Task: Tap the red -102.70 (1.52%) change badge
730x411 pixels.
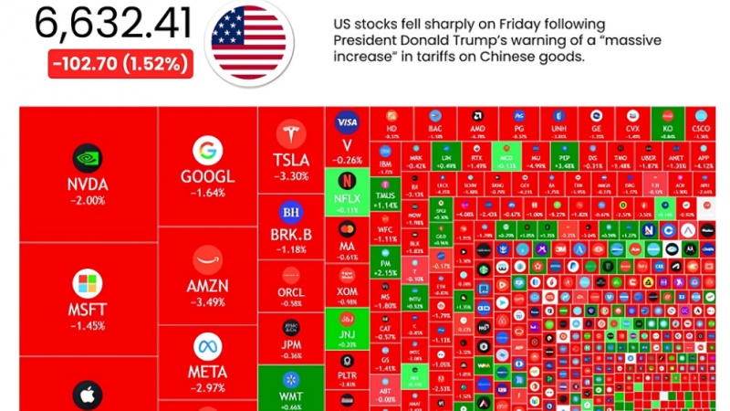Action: [120, 65]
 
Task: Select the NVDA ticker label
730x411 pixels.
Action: [88, 184]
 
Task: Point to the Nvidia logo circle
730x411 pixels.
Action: [88, 156]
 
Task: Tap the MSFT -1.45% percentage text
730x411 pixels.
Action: [88, 324]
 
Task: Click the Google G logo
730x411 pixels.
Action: [208, 151]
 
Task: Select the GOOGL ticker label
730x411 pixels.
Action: [208, 177]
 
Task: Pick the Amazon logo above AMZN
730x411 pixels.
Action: [208, 258]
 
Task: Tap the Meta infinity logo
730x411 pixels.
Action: [208, 346]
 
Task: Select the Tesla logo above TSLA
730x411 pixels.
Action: [291, 135]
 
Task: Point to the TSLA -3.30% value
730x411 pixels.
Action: [291, 176]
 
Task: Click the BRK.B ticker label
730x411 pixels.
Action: [291, 234]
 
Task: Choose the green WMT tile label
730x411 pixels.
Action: [291, 395]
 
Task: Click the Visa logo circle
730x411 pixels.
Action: [348, 121]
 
